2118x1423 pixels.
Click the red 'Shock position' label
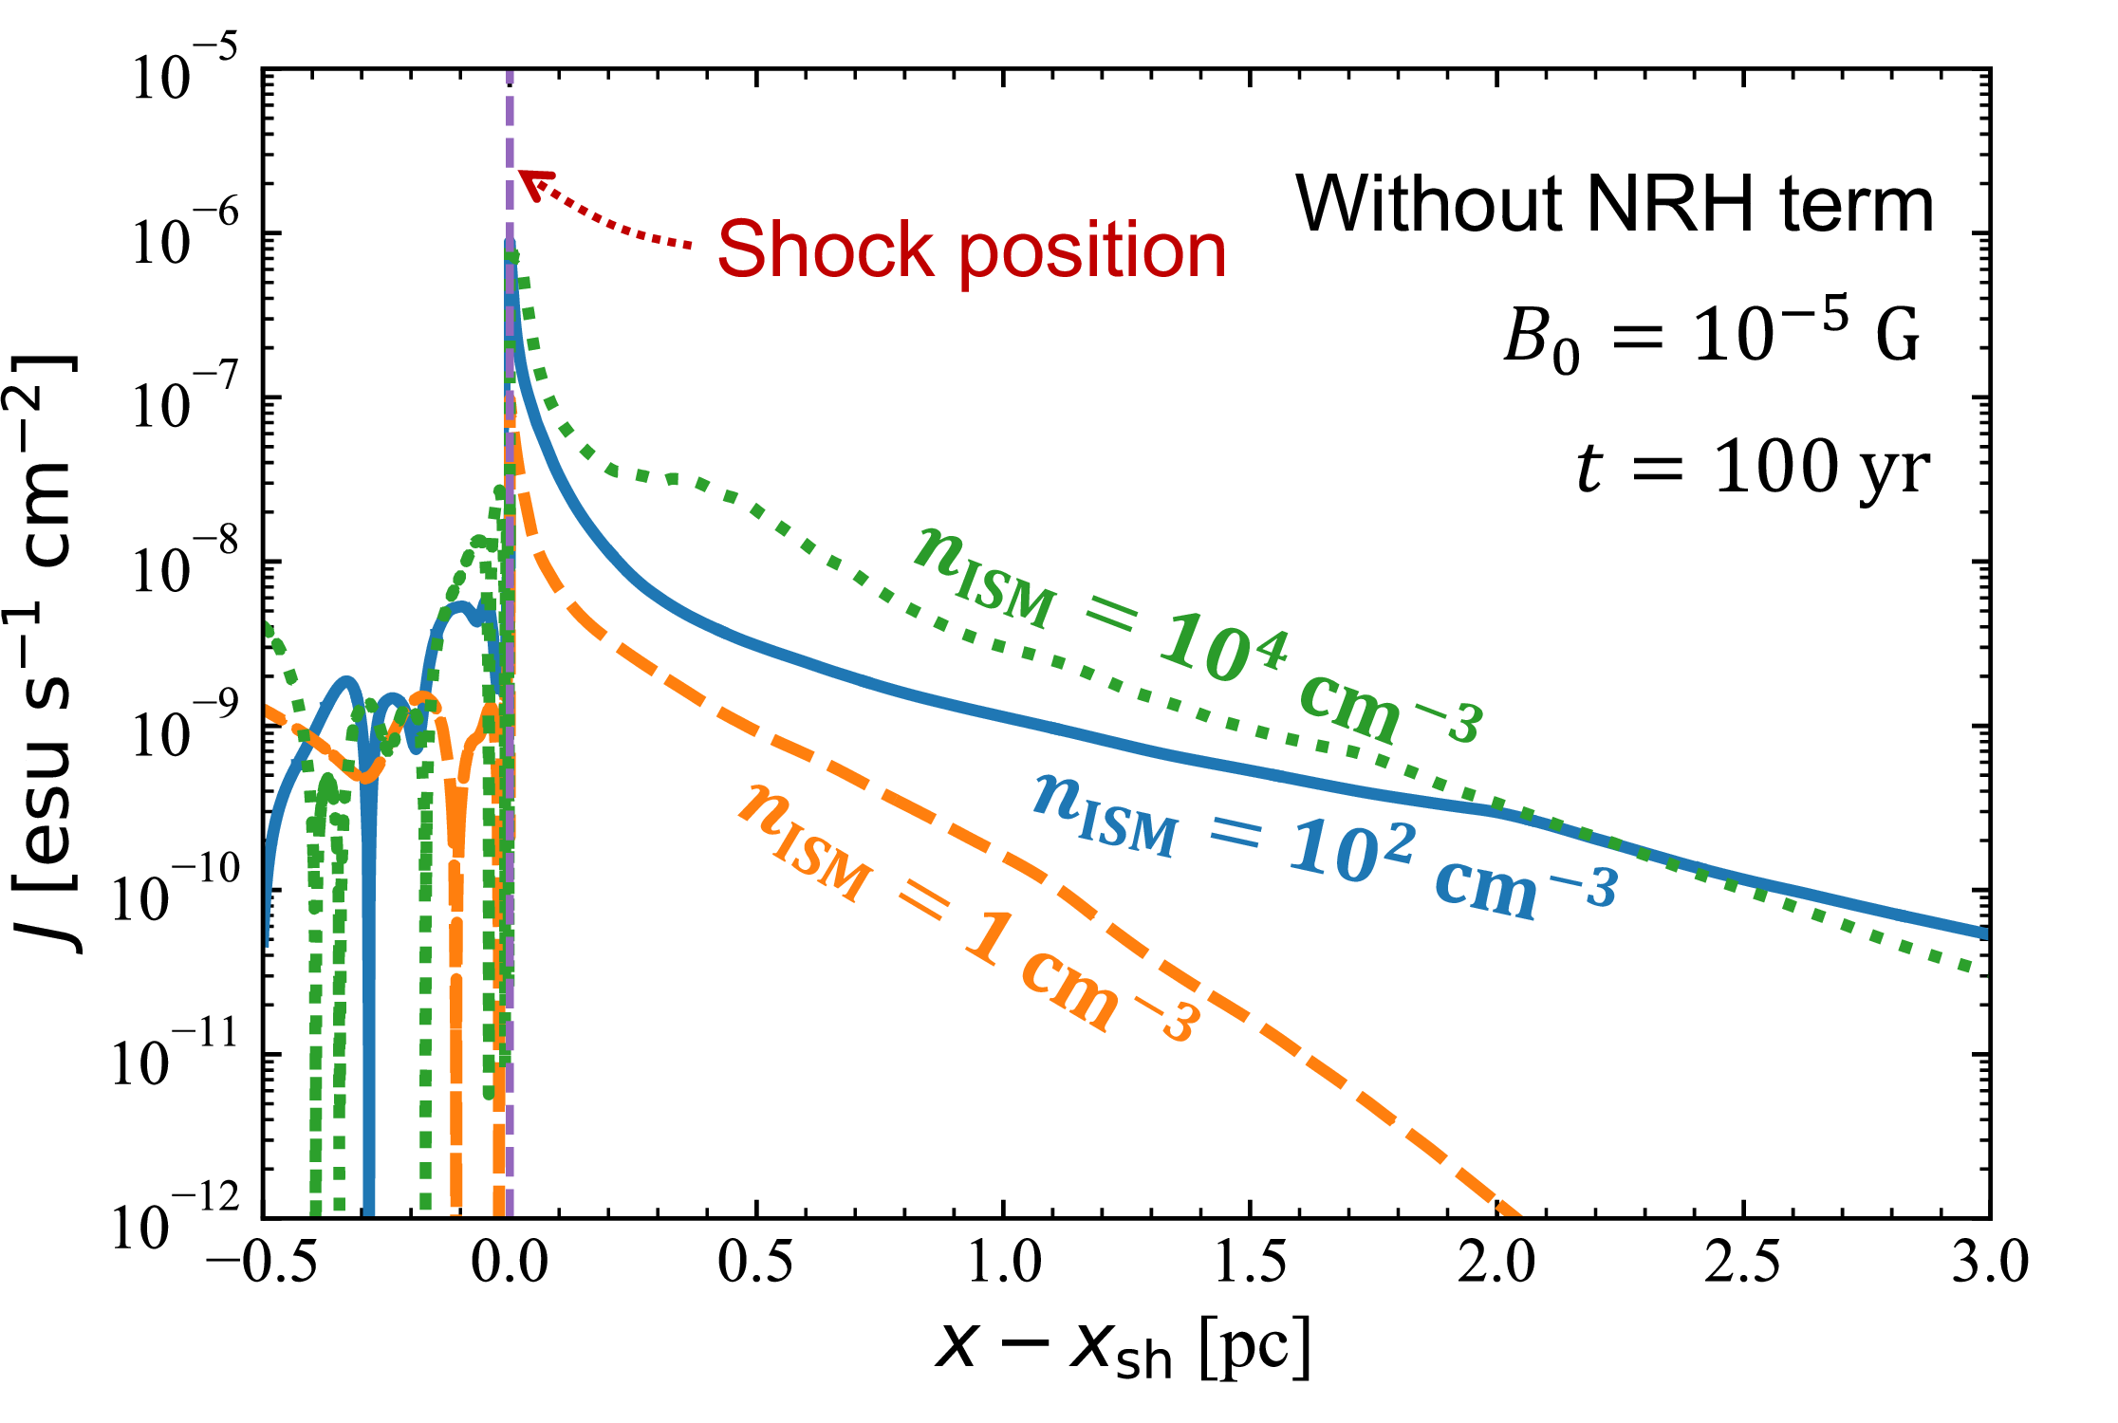(x=971, y=249)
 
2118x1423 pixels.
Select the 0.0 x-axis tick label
(x=510, y=1263)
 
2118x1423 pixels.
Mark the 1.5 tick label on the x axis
(x=1250, y=1263)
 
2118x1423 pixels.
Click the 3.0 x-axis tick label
(x=1989, y=1263)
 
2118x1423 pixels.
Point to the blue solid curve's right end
(x=1985, y=933)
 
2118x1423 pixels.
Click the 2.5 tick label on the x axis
(x=1742, y=1263)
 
